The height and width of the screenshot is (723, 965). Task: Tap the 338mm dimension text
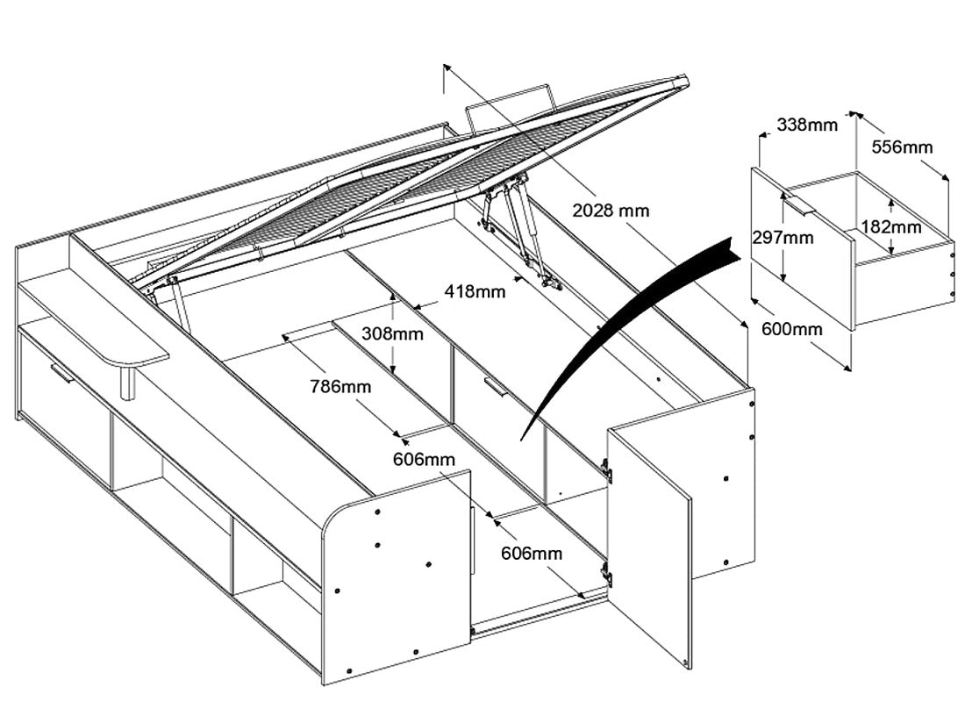point(807,125)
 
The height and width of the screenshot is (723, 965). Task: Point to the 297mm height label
point(782,237)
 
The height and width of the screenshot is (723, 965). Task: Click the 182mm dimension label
point(891,226)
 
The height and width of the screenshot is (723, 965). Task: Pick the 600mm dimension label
point(793,329)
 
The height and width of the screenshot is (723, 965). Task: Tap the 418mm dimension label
point(475,291)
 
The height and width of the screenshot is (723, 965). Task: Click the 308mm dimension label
point(392,333)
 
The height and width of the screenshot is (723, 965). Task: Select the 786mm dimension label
point(340,385)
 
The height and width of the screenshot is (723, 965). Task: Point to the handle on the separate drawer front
point(799,206)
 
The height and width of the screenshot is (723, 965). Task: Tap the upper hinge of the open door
point(606,471)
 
